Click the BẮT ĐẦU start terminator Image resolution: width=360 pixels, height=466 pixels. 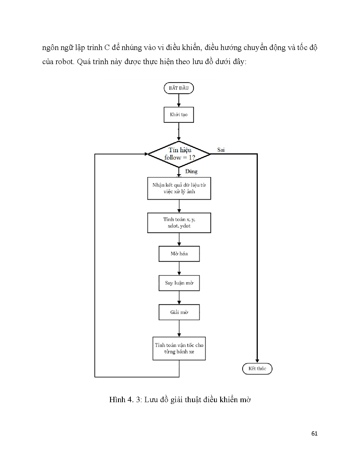point(179,88)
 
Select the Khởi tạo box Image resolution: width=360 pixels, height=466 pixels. point(179,115)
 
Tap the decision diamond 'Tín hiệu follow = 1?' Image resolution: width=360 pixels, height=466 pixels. point(179,154)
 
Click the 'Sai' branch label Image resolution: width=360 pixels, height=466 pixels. point(221,150)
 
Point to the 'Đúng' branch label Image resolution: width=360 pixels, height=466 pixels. point(191,171)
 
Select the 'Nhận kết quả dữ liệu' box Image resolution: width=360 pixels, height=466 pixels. point(179,188)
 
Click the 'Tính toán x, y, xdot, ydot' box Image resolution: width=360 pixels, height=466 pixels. point(179,223)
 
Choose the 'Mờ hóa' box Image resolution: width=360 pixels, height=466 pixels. point(179,254)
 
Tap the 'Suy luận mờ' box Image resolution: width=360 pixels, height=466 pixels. point(179,283)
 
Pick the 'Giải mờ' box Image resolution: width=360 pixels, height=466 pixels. point(179,312)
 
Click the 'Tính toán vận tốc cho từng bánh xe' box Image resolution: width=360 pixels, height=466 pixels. point(179,349)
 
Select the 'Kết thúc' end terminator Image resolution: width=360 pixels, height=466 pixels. point(257,369)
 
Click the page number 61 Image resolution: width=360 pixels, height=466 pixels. point(314,434)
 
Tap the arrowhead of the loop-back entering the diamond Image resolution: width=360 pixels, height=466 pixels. point(146,154)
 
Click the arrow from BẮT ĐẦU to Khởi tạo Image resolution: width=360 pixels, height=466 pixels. point(179,100)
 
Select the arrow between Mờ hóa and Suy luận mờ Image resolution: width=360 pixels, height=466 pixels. point(179,268)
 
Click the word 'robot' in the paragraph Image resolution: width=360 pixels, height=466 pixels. point(65,62)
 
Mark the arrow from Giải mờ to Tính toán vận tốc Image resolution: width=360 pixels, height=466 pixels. point(179,328)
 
